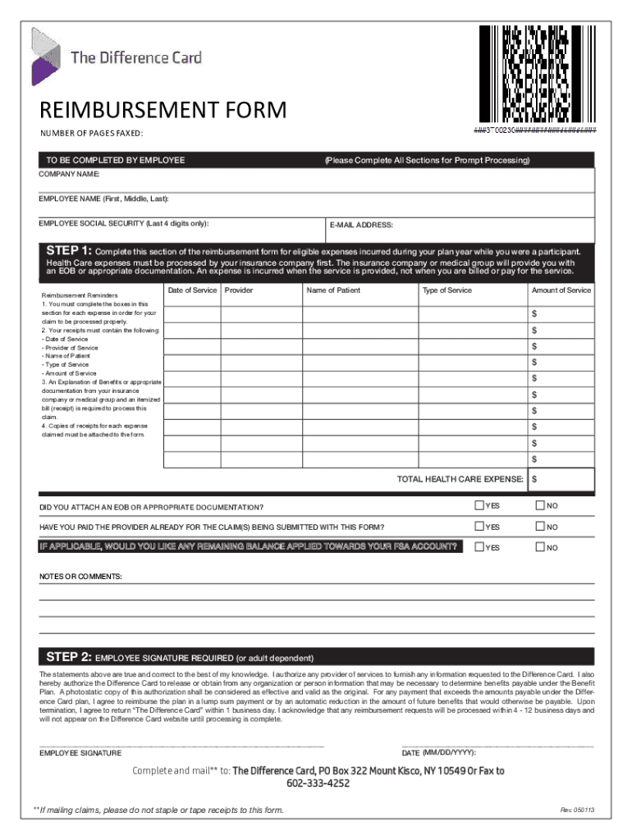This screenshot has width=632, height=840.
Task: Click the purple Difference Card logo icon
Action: (45, 57)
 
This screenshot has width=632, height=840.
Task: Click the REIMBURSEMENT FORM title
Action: (164, 110)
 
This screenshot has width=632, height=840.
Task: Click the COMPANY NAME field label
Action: (71, 175)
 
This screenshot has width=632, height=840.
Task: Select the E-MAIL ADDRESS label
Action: (361, 225)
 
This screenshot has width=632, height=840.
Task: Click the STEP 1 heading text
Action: (69, 250)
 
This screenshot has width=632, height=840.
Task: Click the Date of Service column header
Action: (192, 290)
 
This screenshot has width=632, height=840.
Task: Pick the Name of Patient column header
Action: (333, 290)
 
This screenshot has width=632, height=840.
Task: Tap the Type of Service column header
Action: (447, 290)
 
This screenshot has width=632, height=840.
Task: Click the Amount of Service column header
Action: (561, 290)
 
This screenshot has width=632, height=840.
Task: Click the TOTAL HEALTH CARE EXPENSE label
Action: (460, 479)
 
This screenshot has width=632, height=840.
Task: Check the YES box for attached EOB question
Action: (479, 504)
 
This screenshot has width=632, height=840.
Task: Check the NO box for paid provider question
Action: (540, 526)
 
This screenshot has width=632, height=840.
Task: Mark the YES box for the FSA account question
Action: (479, 547)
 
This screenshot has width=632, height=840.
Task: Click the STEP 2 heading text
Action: (69, 657)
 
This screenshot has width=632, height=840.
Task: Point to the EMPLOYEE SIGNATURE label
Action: (80, 753)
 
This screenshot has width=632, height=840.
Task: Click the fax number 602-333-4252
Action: (318, 783)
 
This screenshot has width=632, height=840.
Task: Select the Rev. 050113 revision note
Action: (577, 810)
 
